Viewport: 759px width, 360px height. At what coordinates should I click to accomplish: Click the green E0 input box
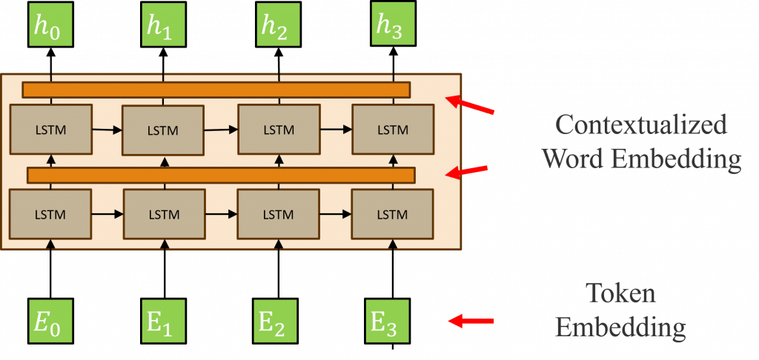point(51,321)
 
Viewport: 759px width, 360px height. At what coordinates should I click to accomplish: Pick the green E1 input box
point(163,321)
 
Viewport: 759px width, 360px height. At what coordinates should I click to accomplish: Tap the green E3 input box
point(389,321)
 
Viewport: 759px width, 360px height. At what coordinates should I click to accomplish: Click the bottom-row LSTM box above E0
point(50,214)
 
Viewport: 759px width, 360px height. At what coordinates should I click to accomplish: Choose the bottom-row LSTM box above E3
point(391,214)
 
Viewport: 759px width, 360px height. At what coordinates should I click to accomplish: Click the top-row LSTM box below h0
point(50,130)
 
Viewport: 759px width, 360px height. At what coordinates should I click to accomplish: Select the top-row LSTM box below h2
point(277,130)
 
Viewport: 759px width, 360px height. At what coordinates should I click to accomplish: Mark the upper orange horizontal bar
point(216,90)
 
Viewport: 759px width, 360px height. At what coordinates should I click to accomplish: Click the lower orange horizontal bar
point(220,175)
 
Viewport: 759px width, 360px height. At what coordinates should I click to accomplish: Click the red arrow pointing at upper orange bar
point(470,107)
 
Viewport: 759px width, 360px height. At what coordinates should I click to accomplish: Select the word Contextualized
point(641,124)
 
